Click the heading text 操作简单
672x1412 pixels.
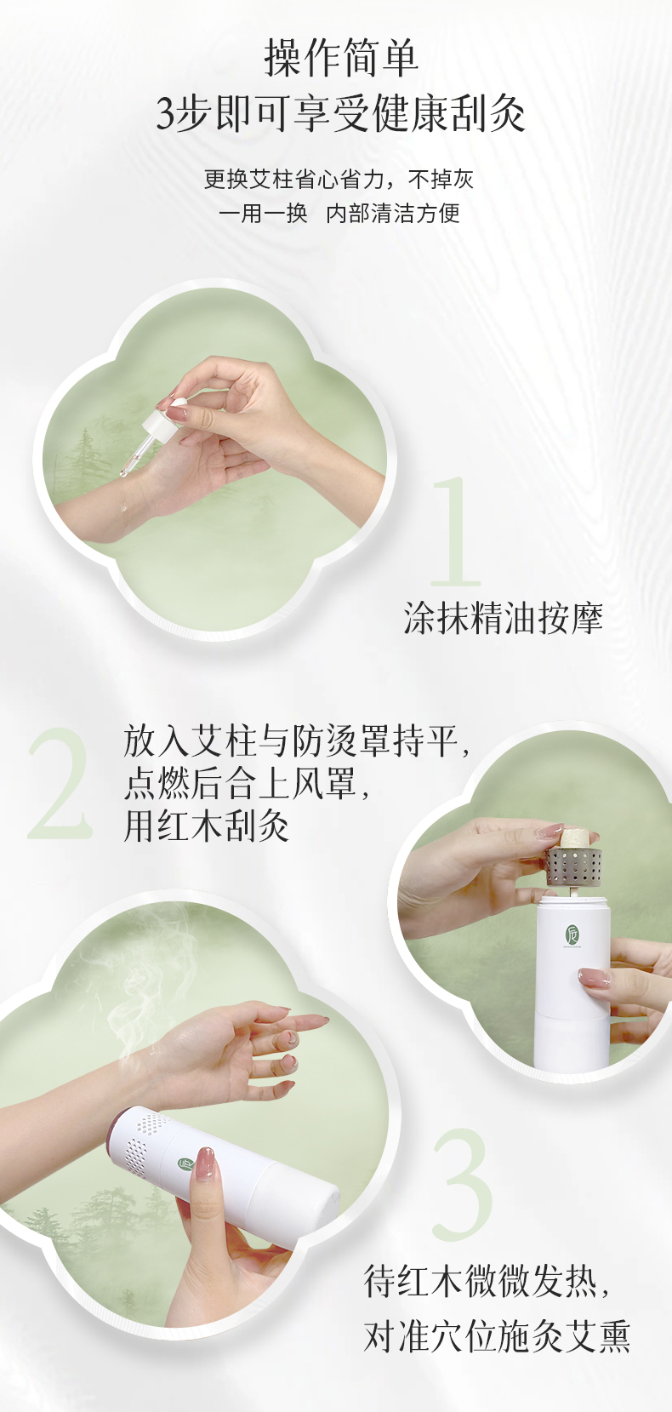click(341, 59)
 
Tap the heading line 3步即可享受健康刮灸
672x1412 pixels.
click(341, 114)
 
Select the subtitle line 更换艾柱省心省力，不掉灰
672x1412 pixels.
click(339, 180)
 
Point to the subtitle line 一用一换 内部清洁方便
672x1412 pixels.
click(339, 213)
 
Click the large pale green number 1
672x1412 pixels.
click(455, 531)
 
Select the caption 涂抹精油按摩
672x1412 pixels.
click(504, 618)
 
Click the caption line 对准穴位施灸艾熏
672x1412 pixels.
click(497, 1337)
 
